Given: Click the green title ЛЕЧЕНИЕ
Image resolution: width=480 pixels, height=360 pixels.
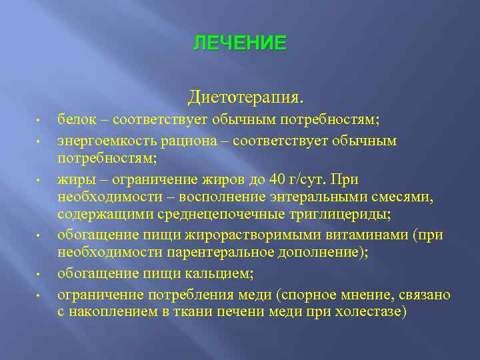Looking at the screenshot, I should [x=240, y=44].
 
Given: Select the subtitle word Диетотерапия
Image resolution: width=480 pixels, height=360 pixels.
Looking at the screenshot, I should [x=245, y=98].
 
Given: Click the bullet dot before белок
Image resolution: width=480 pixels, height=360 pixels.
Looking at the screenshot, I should [x=40, y=121].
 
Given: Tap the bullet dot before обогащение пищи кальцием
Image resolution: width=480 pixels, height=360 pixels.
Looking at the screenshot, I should [x=40, y=274].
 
